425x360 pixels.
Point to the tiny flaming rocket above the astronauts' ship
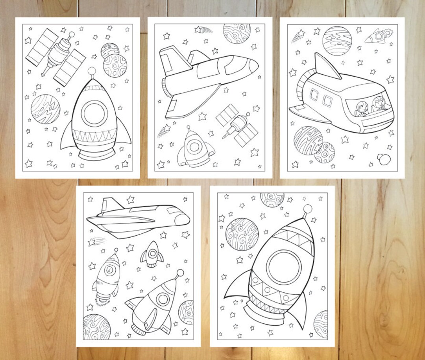coord(377,37)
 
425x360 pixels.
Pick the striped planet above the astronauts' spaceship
coord(337,41)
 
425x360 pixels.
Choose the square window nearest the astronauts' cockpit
coord(327,101)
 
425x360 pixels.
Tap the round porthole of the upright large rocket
coord(94,113)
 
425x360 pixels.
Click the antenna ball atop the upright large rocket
coord(92,71)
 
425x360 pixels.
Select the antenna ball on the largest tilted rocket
coord(308,209)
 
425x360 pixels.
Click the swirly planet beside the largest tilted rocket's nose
coord(242,234)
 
